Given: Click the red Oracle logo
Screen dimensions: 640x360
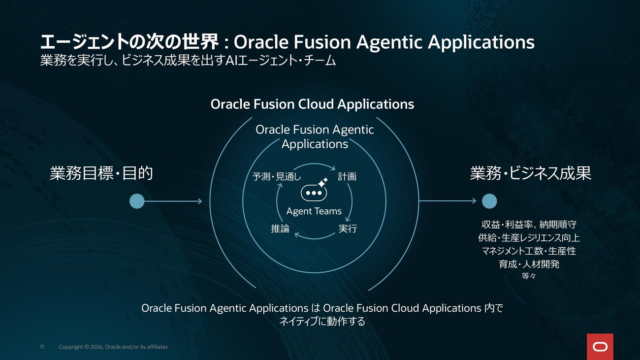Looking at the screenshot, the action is tap(600, 347).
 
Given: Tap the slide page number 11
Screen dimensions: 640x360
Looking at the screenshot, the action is tap(42, 347).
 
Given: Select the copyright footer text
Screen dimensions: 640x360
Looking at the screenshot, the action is tap(113, 347).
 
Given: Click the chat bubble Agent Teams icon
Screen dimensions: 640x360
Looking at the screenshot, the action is tap(314, 190).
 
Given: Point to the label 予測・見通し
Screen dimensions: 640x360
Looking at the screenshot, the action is tap(277, 177).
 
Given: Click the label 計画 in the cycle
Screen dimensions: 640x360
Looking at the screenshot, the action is tap(347, 177).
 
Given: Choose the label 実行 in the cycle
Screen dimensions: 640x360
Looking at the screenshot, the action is tap(348, 229).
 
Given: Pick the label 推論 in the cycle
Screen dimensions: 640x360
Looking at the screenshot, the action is tap(280, 229).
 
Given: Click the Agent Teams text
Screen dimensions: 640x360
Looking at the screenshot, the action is tap(314, 211).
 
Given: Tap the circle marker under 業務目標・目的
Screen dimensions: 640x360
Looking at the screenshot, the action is tap(137, 201).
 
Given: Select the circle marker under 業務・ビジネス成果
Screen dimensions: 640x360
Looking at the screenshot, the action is tap(489, 201).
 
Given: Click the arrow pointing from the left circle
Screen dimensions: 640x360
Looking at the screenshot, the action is tap(173, 201).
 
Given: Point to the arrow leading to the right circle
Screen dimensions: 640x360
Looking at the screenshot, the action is tap(448, 201).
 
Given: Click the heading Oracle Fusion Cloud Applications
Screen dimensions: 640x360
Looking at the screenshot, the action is tap(312, 104).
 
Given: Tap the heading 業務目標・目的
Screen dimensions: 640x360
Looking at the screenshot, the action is tap(101, 173).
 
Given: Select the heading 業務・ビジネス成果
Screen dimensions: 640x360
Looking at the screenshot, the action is tap(531, 173).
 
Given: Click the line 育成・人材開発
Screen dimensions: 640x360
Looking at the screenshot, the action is tap(529, 264).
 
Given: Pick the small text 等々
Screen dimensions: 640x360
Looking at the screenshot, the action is tap(529, 276).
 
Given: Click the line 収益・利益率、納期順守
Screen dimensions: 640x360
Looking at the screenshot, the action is tap(529, 225).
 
